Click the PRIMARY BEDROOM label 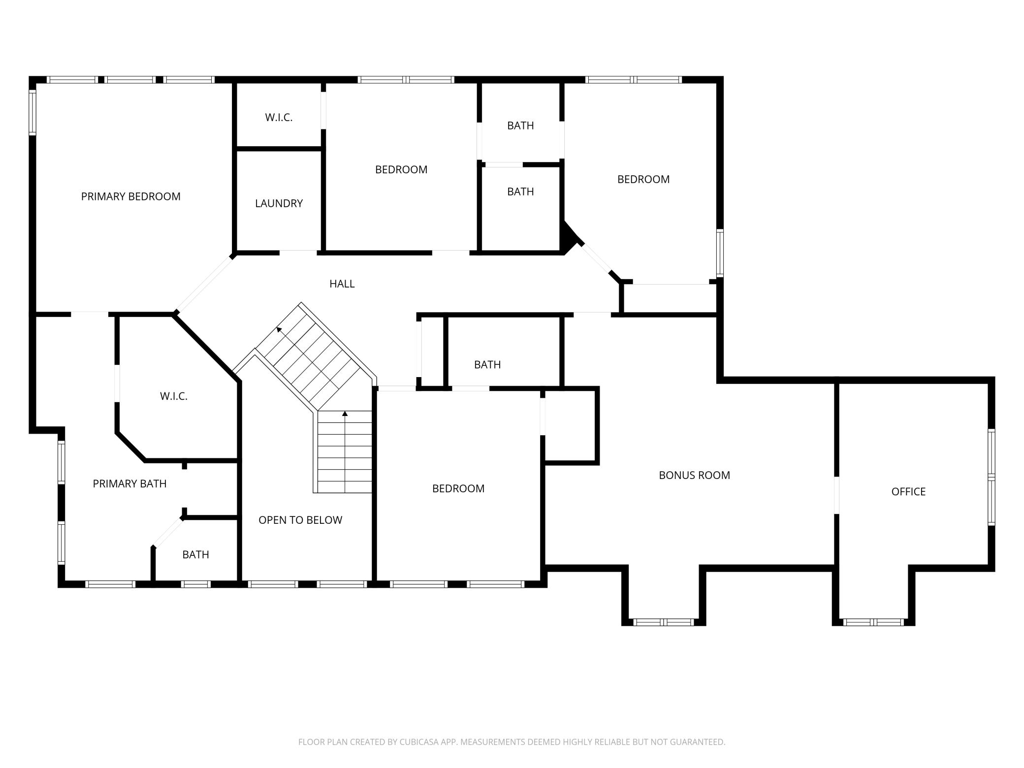pos(130,196)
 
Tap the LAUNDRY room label pos(279,203)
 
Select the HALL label pos(342,284)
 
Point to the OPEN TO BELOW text pos(300,520)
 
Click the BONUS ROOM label pos(694,475)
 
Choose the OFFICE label pos(908,491)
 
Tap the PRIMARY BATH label pos(129,483)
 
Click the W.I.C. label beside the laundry pos(279,117)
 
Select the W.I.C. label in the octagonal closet pos(174,396)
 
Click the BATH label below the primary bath pos(195,554)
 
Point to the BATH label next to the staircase pos(487,364)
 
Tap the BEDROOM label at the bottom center pos(458,488)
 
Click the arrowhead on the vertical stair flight pos(345,414)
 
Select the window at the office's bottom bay pos(873,622)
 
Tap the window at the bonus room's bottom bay pos(663,622)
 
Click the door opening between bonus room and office pos(836,495)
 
